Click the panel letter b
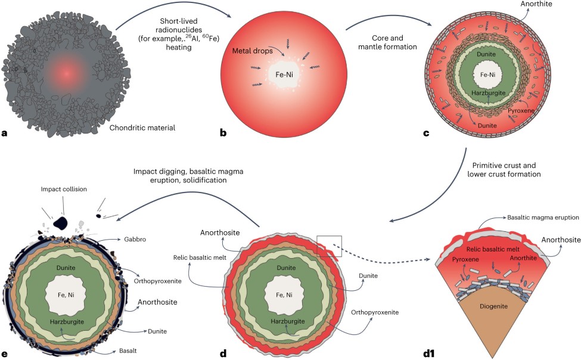[x=223, y=133]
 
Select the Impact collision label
[x=64, y=189]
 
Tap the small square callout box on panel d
[x=330, y=245]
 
